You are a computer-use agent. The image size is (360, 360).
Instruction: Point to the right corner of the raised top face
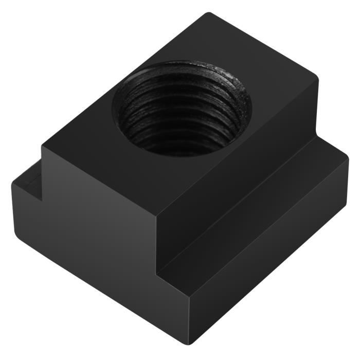click(x=319, y=82)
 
